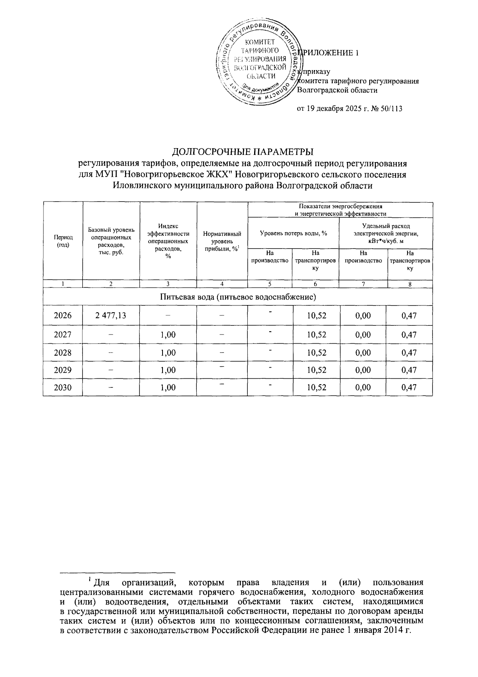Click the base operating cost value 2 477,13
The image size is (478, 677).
[111, 315]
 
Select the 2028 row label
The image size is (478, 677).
[63, 352]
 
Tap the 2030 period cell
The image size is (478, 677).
[63, 387]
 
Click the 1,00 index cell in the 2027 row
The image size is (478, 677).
[168, 335]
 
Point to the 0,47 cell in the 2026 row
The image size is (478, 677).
[409, 315]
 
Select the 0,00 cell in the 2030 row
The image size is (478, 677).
[363, 387]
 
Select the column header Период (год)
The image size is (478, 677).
[63, 241]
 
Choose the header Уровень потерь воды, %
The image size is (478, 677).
[293, 233]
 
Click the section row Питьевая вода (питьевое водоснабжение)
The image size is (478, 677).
[238, 297]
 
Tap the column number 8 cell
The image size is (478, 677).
[409, 284]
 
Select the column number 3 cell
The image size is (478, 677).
[168, 284]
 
